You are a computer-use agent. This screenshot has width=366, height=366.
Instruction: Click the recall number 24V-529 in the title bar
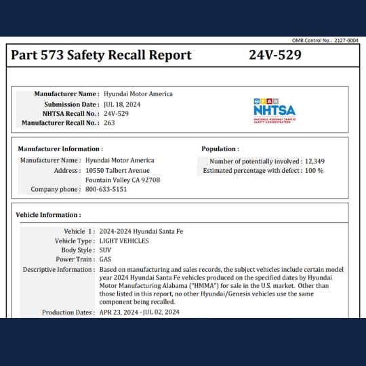click(274, 56)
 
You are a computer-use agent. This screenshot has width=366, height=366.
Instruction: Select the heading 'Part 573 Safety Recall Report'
click(101, 56)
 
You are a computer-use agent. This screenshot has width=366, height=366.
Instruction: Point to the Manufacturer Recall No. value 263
click(109, 123)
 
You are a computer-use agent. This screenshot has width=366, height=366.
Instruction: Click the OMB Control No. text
click(324, 41)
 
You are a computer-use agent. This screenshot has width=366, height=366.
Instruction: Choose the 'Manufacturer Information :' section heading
click(60, 148)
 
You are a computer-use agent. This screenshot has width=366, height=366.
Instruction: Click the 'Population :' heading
click(220, 148)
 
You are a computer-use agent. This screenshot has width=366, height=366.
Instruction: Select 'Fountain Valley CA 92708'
click(123, 180)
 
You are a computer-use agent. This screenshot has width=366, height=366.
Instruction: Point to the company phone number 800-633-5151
click(106, 190)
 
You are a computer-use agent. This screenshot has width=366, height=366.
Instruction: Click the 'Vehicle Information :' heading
click(48, 215)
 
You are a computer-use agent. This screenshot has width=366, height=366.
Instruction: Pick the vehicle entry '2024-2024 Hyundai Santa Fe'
click(141, 231)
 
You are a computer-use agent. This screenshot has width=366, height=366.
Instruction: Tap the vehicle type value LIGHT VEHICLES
click(124, 241)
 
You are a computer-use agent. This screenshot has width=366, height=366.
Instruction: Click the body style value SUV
click(105, 250)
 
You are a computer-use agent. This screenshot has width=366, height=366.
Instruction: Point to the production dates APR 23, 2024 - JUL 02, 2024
click(139, 312)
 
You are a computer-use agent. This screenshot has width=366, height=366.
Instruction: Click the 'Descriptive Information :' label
click(58, 269)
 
